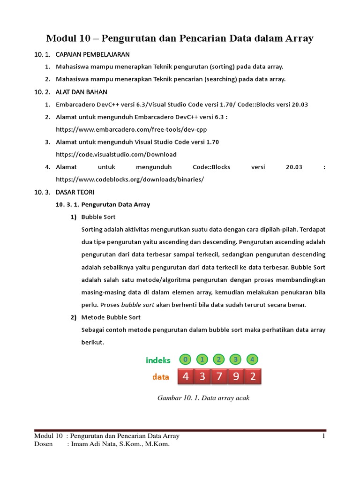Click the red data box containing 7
point(219,377)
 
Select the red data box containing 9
point(236,377)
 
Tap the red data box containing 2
point(253,377)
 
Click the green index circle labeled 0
point(186,360)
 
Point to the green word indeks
point(158,360)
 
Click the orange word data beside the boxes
point(160,377)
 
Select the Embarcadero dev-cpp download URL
point(131,129)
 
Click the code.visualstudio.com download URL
point(116,154)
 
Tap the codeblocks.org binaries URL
point(130,179)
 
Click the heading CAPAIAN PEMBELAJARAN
point(92,54)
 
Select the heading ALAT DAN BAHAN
point(81,92)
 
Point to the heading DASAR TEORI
point(75,192)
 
